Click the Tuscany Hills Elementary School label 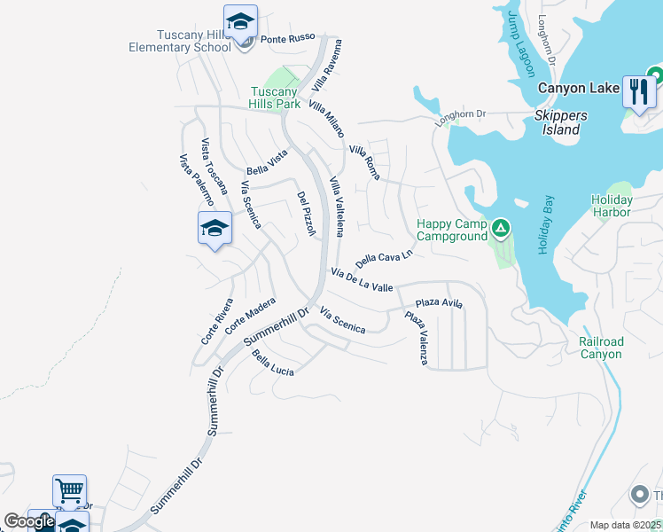[x=194, y=41]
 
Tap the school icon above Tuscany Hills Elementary [x=240, y=22]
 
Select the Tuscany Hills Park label [x=275, y=98]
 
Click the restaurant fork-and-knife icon [x=638, y=90]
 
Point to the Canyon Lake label [x=577, y=88]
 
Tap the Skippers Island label [x=557, y=122]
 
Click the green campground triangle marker [x=501, y=231]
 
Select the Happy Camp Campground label [x=452, y=231]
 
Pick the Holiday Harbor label [x=612, y=206]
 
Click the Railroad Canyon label [x=601, y=348]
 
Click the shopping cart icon [x=69, y=490]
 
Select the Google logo [x=29, y=521]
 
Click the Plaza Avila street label [x=440, y=303]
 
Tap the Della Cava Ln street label [x=385, y=259]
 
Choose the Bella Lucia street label [x=272, y=363]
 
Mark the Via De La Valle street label [x=362, y=280]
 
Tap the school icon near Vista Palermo [x=214, y=229]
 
